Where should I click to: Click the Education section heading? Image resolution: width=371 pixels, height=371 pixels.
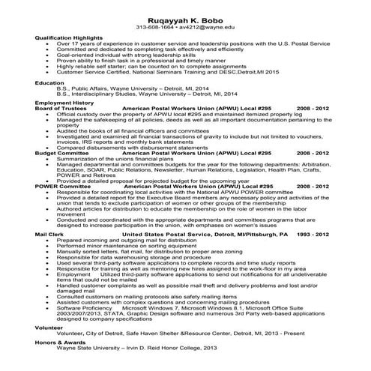(49, 82)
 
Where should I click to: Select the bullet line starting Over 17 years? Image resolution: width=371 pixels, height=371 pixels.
(180, 44)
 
